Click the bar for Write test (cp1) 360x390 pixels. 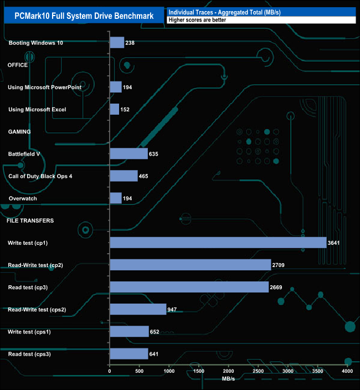[218, 243]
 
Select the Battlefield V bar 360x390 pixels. [128, 153]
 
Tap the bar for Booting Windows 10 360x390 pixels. [117, 43]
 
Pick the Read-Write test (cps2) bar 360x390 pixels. [138, 309]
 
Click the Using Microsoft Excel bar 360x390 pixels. [114, 109]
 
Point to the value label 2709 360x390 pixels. [280, 265]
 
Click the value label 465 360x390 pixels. [146, 176]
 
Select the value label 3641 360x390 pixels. [335, 243]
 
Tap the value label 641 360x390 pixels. [157, 353]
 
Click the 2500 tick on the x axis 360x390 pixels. [258, 371]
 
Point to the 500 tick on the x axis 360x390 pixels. [140, 371]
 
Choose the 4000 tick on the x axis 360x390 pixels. [347, 371]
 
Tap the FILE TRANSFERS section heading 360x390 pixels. [30, 220]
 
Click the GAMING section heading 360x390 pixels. [19, 131]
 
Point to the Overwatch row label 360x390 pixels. [23, 198]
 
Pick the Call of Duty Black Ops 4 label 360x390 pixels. [40, 176]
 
